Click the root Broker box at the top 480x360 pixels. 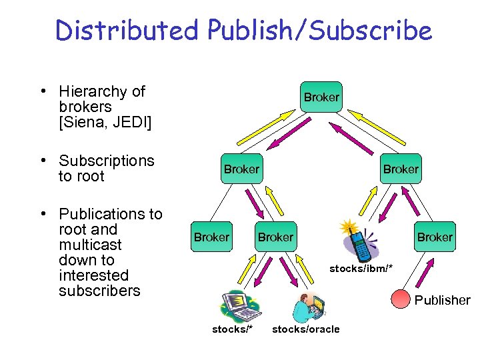tap(321, 97)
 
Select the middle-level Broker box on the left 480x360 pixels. tap(241, 169)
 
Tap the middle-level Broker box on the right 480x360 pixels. tap(401, 169)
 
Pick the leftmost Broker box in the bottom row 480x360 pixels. tap(211, 237)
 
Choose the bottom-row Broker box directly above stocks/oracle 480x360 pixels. tap(275, 237)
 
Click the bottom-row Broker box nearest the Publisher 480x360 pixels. tap(435, 237)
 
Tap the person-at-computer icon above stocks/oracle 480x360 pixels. tap(306, 307)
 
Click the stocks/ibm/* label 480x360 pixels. tap(361, 268)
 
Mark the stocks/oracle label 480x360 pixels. tap(306, 329)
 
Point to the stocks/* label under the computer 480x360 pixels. tap(232, 329)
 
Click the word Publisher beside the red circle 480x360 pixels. tap(442, 301)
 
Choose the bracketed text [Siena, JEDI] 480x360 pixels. tap(105, 122)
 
